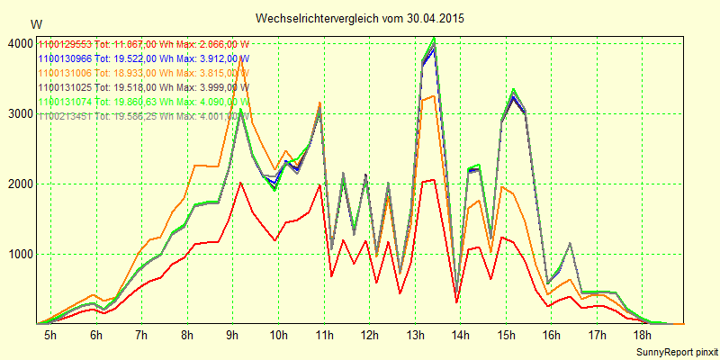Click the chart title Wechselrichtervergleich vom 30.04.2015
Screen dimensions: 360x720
359,18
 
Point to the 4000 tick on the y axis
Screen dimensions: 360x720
19,43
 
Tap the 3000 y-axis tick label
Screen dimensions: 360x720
19,113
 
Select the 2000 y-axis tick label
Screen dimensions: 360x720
19,184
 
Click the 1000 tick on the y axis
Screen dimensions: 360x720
19,254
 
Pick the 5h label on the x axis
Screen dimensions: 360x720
50,336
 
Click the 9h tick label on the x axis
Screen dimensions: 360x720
233,336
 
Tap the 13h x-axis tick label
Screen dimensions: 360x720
416,336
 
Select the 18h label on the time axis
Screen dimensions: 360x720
643,336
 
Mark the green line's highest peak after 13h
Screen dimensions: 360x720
435,39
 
